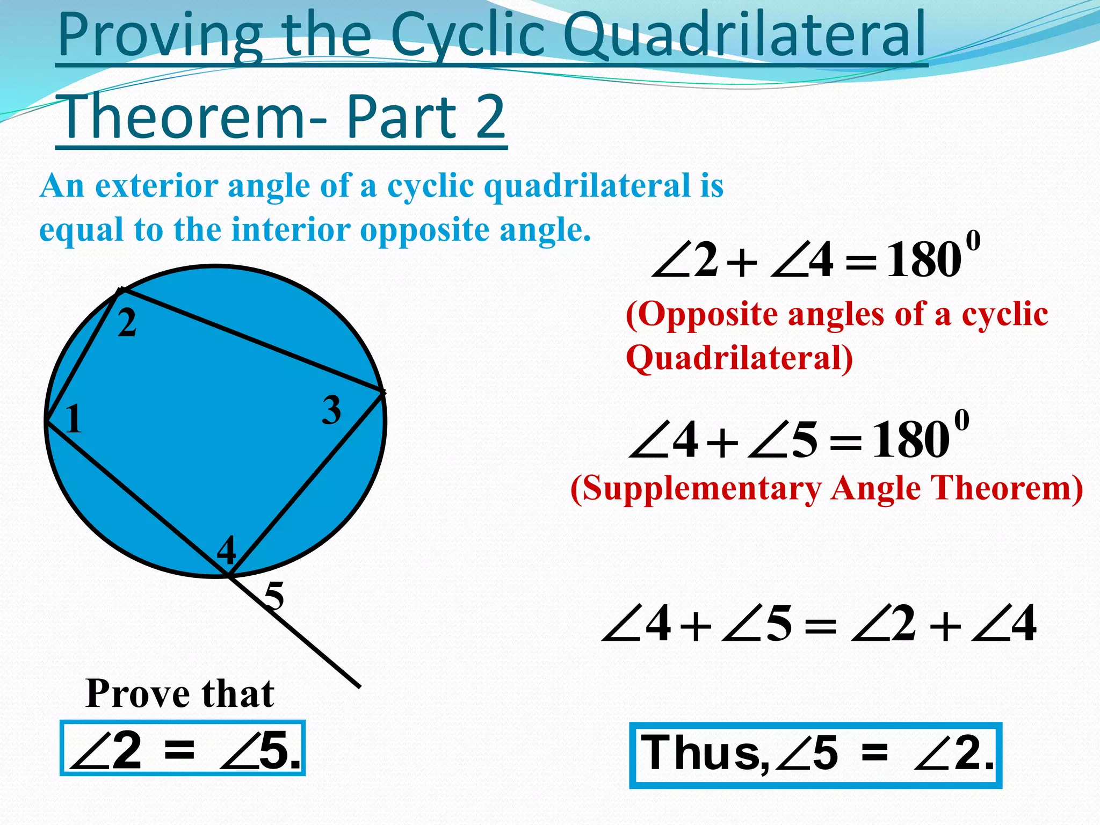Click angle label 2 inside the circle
pos(127,324)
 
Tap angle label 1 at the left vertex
pos(74,419)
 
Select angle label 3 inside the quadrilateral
pos(331,410)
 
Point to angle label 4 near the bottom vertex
pos(227,551)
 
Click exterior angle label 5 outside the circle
pos(274,596)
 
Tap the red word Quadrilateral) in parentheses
pos(739,358)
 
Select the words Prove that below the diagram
pos(180,694)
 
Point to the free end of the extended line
pos(359,686)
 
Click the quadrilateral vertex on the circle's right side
pos(382,392)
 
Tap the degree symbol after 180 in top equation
pos(973,241)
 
